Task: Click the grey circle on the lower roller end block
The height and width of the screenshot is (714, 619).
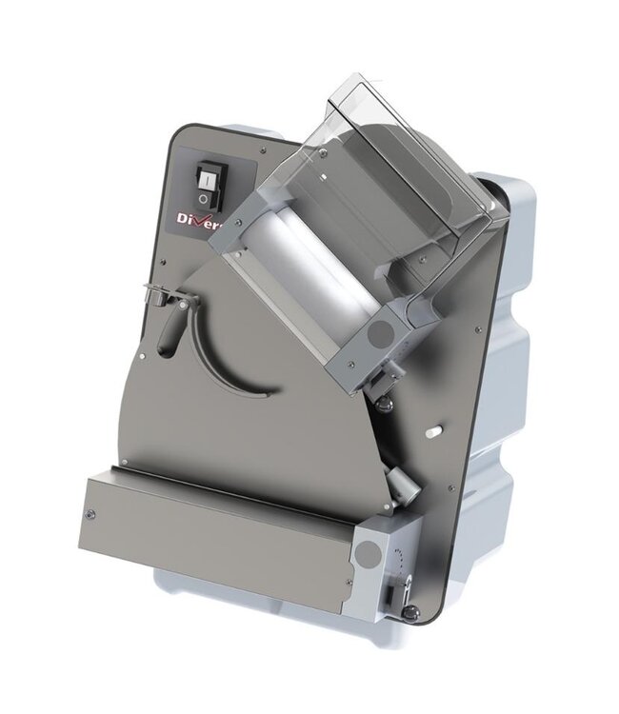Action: click(x=366, y=554)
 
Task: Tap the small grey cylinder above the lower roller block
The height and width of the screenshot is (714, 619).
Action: click(x=402, y=485)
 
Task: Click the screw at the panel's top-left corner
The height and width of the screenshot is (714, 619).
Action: click(x=177, y=143)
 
